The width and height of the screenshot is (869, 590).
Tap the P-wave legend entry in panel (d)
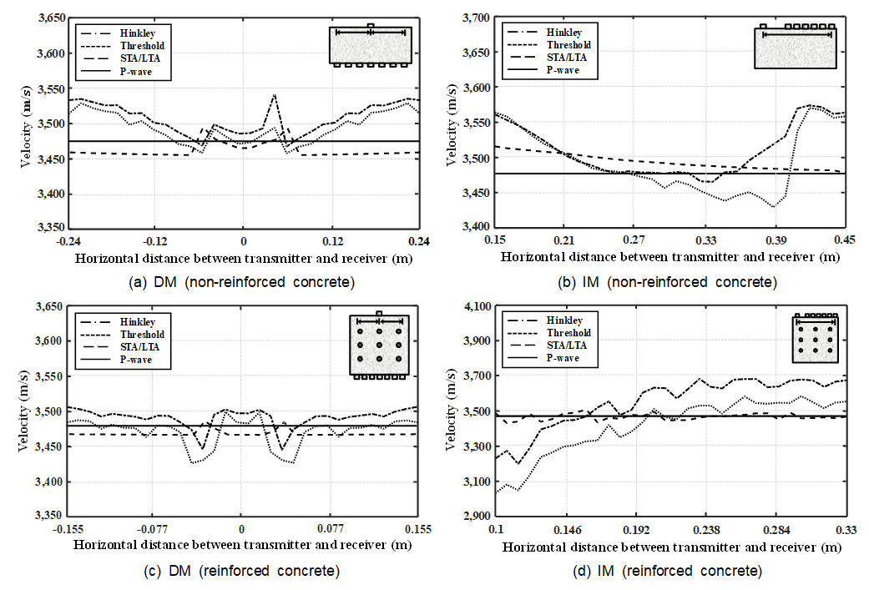[x=563, y=358]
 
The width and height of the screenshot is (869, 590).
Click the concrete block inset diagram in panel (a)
[x=370, y=46]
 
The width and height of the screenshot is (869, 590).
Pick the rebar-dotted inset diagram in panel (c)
[x=379, y=346]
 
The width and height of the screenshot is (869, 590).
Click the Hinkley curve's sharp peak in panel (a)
[x=274, y=95]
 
